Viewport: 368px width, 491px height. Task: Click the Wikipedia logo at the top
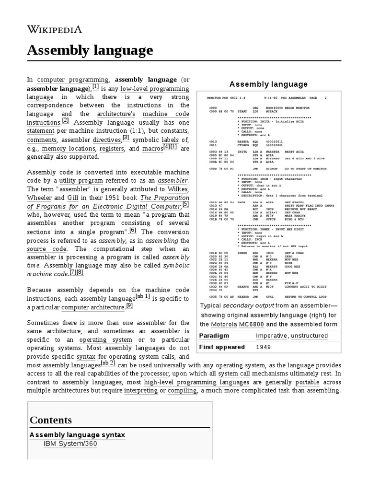click(x=54, y=30)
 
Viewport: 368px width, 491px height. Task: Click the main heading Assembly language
click(x=90, y=50)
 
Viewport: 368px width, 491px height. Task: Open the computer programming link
click(x=73, y=80)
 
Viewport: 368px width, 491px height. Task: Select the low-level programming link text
click(x=154, y=89)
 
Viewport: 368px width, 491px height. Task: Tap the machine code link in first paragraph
click(x=170, y=114)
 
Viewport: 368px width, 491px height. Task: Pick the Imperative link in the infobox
click(x=271, y=336)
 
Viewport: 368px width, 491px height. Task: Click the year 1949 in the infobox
click(x=264, y=347)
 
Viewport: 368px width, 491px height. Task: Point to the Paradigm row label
click(x=214, y=336)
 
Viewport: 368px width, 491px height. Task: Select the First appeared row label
click(x=222, y=347)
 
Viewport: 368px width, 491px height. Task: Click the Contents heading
click(x=51, y=420)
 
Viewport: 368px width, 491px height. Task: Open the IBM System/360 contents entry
click(x=70, y=444)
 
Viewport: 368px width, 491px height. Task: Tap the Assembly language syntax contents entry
click(x=77, y=434)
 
